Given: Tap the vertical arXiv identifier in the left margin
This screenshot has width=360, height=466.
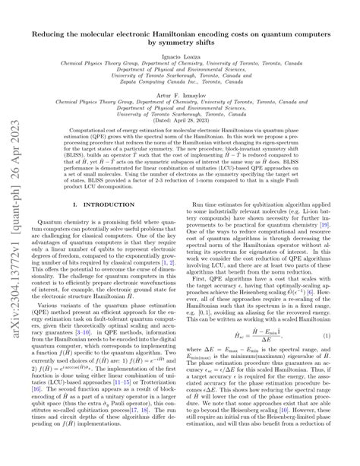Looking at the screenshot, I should click(14, 228).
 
